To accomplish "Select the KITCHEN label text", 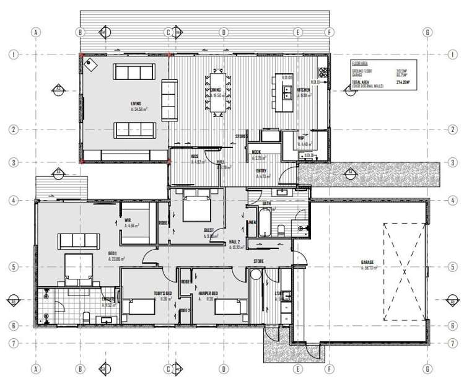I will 304,90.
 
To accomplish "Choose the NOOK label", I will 256,152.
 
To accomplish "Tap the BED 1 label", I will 113,255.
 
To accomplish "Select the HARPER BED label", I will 225,294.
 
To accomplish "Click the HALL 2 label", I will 235,243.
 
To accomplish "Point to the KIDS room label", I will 194,156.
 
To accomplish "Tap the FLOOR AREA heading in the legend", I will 361,63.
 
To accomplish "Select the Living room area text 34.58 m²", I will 139,109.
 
